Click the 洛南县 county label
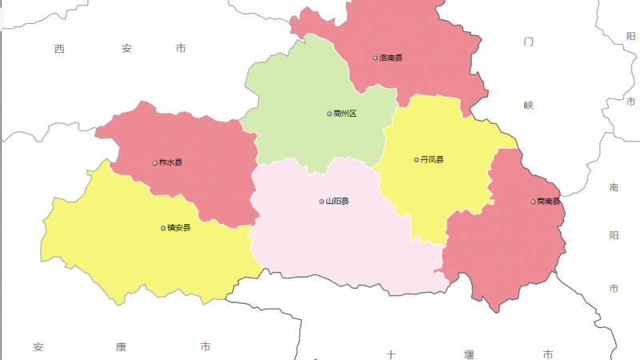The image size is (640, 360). [x=391, y=58]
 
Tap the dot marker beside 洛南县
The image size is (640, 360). [x=375, y=58]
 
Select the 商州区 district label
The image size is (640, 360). [x=345, y=114]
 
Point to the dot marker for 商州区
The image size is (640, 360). [x=329, y=114]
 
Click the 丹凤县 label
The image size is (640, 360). [x=432, y=160]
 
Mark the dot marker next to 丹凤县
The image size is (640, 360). [x=416, y=160]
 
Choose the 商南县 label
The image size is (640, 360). [x=549, y=202]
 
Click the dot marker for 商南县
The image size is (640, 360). [x=533, y=202]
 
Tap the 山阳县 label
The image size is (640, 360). [x=338, y=202]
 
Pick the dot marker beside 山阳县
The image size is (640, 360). [x=322, y=202]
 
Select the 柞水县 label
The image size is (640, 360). [x=171, y=163]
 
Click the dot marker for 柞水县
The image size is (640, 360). [x=155, y=163]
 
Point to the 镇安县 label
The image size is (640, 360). [x=179, y=228]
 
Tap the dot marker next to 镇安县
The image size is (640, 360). [x=163, y=228]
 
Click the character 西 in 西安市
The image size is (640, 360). [x=60, y=49]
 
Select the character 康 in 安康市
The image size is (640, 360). [x=122, y=347]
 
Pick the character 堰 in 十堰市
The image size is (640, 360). [x=469, y=354]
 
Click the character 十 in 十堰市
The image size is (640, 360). [x=391, y=354]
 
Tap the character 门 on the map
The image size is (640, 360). [x=528, y=41]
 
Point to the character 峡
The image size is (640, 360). [x=528, y=105]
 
